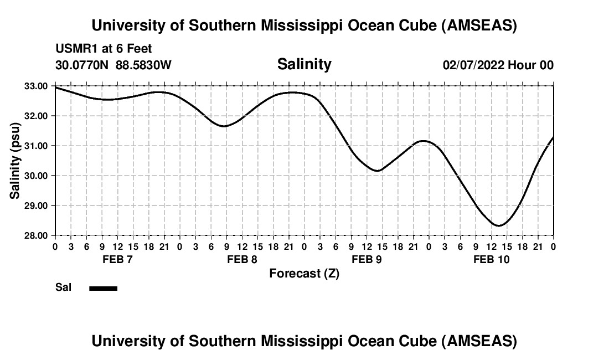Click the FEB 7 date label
point(117,259)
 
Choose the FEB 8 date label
point(242,259)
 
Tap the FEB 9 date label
point(367,259)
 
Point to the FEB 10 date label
point(491,259)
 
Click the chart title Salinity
point(304,64)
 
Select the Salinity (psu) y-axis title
point(16,161)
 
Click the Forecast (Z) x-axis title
point(304,273)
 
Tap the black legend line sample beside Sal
point(103,288)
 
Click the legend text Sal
point(63,288)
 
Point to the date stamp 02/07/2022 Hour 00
point(498,65)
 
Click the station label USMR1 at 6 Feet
point(104,49)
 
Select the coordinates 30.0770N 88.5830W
point(113,65)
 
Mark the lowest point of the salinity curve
point(499,225)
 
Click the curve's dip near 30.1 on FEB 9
point(378,171)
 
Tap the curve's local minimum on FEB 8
point(224,126)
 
